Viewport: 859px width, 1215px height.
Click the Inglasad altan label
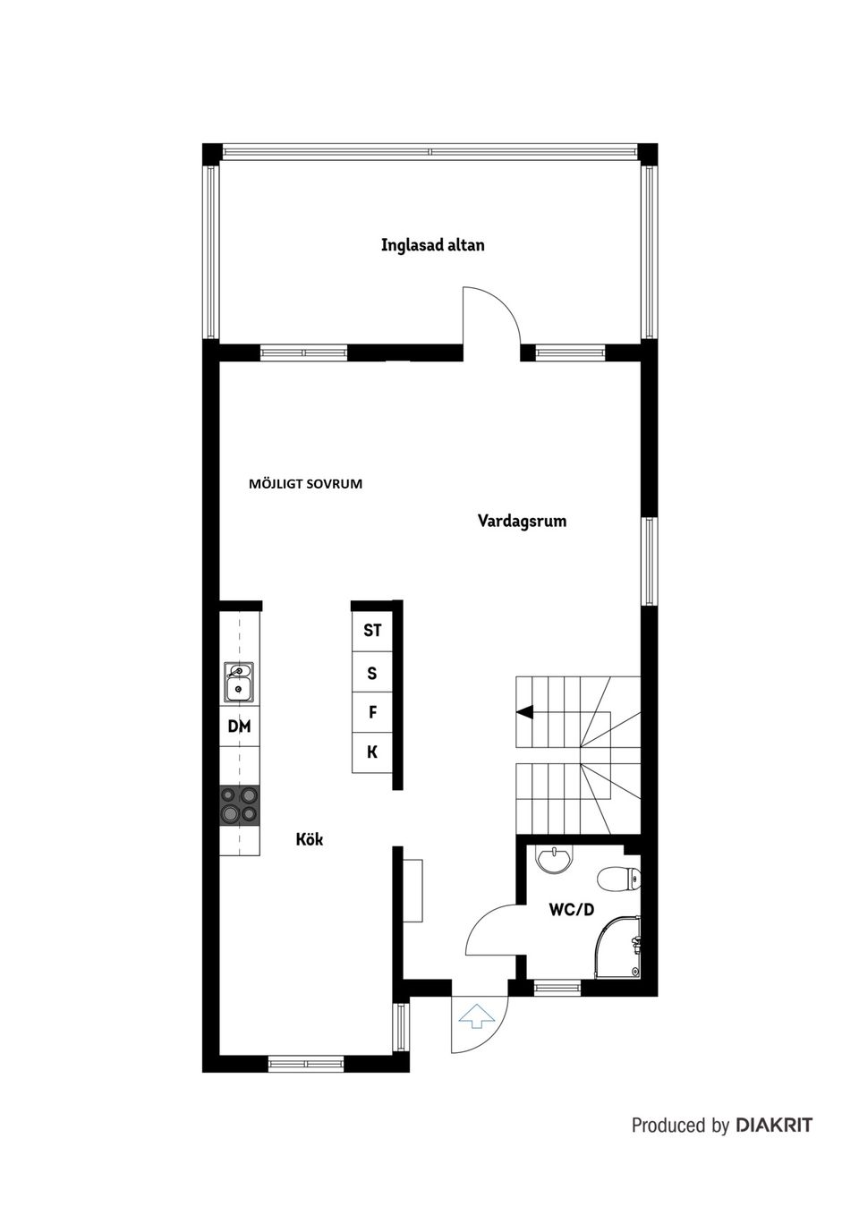pos(432,244)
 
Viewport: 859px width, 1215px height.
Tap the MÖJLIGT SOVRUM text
pos(305,484)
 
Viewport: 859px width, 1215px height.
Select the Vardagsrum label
pos(522,521)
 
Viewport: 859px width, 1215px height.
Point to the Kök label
pos(310,839)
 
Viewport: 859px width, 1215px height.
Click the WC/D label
pos(571,910)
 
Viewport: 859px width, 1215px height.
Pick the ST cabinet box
pos(372,630)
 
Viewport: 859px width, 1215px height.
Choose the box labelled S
pos(372,673)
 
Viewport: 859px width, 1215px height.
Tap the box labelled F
pos(372,713)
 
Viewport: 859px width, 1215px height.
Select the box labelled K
pos(372,752)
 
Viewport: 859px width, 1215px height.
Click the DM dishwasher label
pos(239,726)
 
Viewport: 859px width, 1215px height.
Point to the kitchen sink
pos(239,682)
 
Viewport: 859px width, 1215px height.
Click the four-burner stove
pos(239,803)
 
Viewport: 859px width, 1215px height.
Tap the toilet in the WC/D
pos(619,879)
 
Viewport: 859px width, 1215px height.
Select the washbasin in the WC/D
pos(555,860)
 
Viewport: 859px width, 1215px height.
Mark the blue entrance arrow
pos(476,1015)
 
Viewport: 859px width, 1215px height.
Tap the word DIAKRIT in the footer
pos(774,1125)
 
